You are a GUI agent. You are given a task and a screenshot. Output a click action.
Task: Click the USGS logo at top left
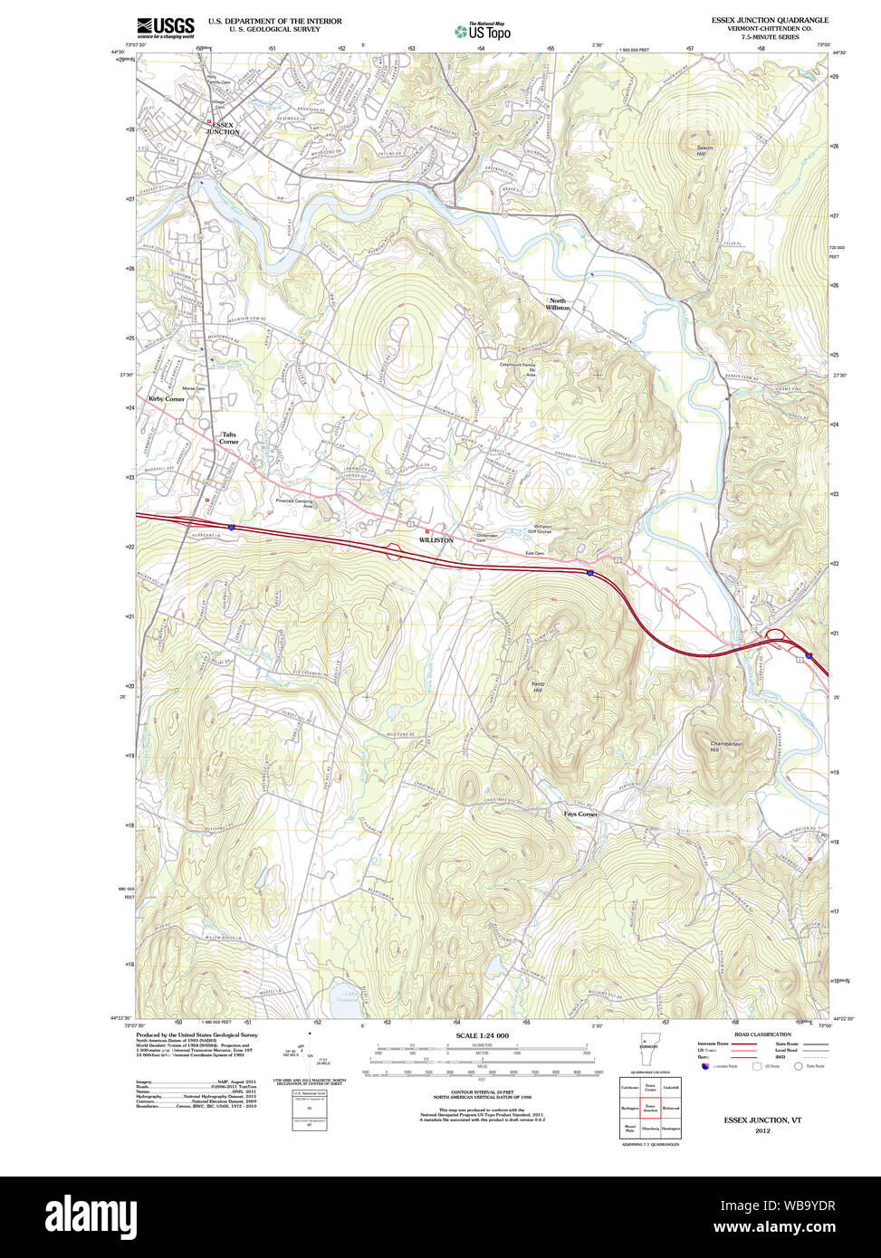(165, 27)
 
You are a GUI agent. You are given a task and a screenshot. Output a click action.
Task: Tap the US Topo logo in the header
(482, 32)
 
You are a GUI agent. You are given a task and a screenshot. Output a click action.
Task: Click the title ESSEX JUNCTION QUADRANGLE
(770, 20)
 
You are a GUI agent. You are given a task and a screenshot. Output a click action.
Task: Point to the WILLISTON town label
(436, 540)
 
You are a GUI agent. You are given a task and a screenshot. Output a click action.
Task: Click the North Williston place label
(558, 304)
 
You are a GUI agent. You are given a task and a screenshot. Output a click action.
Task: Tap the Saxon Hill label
(704, 150)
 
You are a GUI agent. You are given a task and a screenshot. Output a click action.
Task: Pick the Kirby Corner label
(167, 398)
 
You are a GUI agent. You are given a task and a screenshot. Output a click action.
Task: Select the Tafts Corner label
(230, 437)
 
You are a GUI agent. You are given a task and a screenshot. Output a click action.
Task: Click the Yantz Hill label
(538, 687)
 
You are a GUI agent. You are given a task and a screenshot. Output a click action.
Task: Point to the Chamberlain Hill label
(727, 747)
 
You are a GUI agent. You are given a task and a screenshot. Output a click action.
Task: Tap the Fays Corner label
(580, 814)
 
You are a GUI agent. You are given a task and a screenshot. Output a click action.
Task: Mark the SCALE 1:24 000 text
(482, 1035)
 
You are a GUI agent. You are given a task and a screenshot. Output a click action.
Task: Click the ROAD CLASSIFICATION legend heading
(761, 1034)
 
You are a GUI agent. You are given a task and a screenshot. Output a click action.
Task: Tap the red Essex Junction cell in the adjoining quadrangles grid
(649, 1106)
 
